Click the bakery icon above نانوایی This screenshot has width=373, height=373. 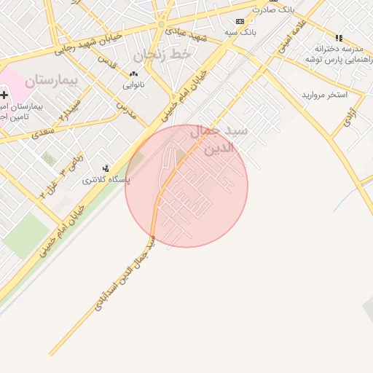click(133, 74)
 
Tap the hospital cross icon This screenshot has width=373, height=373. click(4, 95)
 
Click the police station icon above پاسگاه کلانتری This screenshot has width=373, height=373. click(106, 168)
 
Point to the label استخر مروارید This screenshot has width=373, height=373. click(325, 95)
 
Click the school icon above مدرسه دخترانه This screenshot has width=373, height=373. click(338, 38)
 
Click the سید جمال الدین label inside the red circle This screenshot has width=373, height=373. click(219, 139)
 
